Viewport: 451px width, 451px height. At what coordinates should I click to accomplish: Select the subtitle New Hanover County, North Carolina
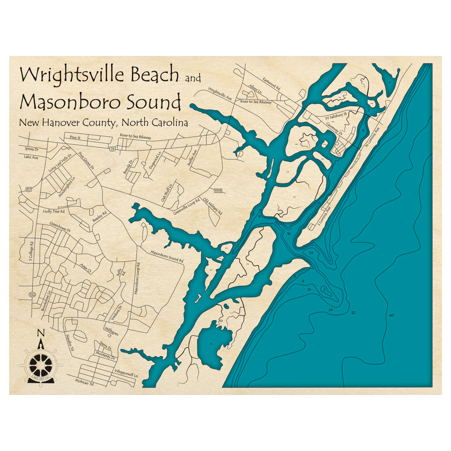click(103, 123)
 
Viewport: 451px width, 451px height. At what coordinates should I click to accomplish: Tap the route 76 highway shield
click(112, 147)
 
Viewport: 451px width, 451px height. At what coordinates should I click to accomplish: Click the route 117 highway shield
click(28, 189)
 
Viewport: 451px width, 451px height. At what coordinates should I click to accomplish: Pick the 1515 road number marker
click(218, 190)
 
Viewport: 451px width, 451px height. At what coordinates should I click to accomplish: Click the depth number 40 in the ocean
click(391, 315)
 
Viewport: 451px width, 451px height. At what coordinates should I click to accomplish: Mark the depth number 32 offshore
click(353, 312)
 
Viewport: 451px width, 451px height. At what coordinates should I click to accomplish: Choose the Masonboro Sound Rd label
click(167, 257)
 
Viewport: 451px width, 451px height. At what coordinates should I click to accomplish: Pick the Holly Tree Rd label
click(54, 211)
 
